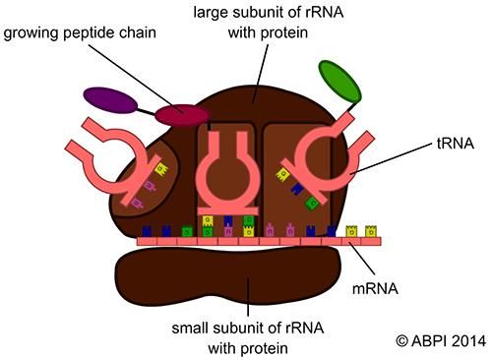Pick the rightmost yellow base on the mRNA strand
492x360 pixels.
pos(371,232)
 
